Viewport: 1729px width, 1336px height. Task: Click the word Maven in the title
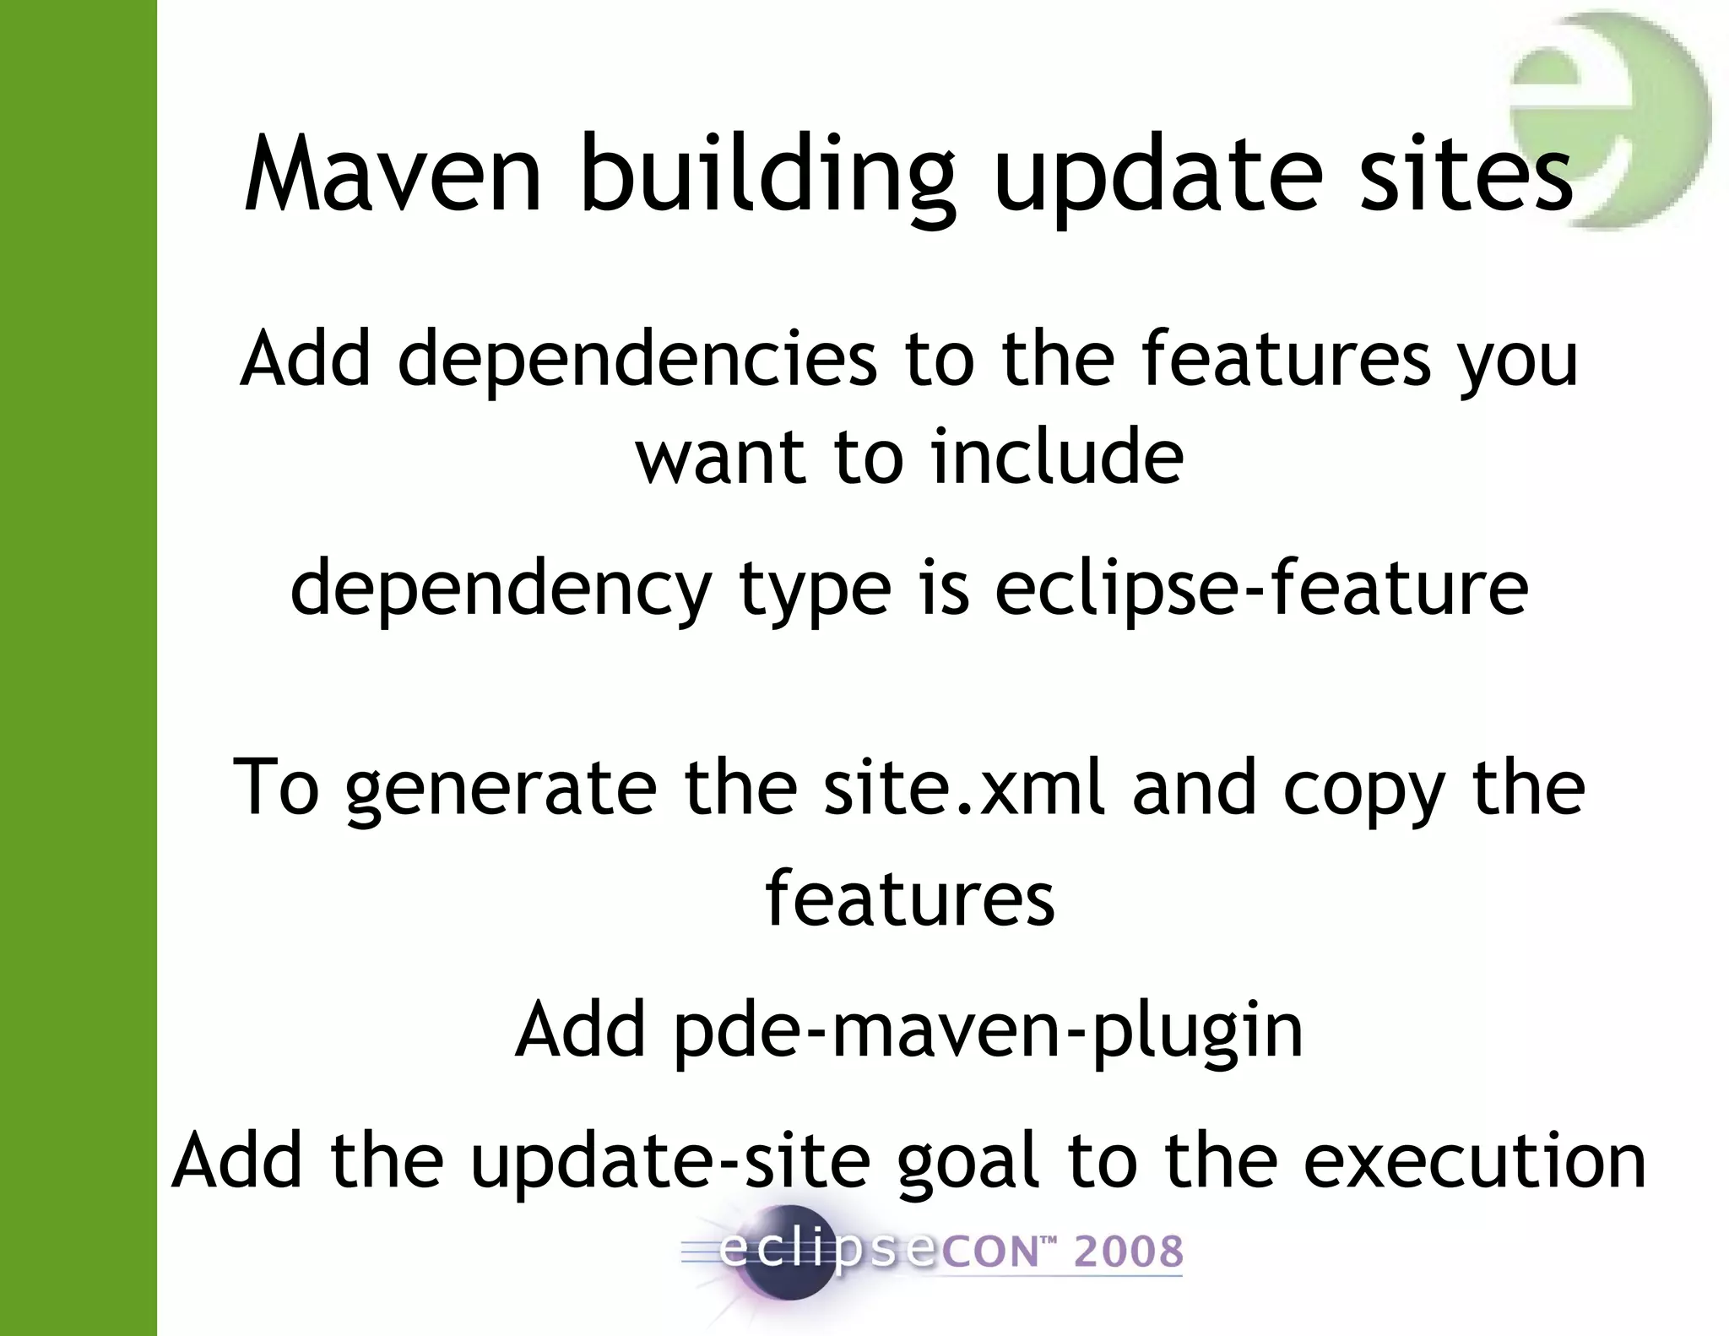393,176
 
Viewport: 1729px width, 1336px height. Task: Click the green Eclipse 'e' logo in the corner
1608,118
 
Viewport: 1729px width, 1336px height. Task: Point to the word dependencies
637,360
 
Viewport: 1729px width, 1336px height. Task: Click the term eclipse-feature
1261,589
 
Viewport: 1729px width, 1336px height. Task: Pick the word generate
501,789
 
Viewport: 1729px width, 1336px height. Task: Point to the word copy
1363,789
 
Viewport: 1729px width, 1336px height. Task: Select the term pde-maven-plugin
988,1030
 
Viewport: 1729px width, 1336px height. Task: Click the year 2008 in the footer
1128,1252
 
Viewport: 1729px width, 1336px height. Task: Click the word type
815,589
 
